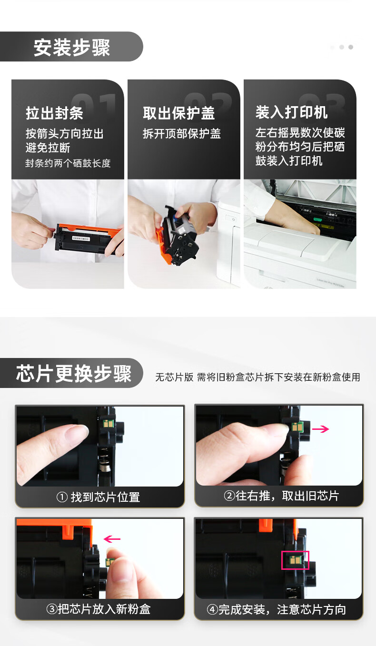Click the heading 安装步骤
72,47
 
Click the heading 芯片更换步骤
74,374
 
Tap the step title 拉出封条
55,113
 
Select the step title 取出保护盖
179,113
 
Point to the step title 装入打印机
291,112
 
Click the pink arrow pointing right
320,429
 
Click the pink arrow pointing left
112,539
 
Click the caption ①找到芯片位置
99,497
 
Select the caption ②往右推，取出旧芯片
281,496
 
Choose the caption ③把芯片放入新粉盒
99,609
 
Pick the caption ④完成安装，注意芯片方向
276,609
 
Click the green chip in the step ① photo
109,424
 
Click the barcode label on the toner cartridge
81,239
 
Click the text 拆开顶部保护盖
182,133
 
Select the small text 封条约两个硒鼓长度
68,163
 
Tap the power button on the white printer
233,219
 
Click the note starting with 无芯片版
258,377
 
